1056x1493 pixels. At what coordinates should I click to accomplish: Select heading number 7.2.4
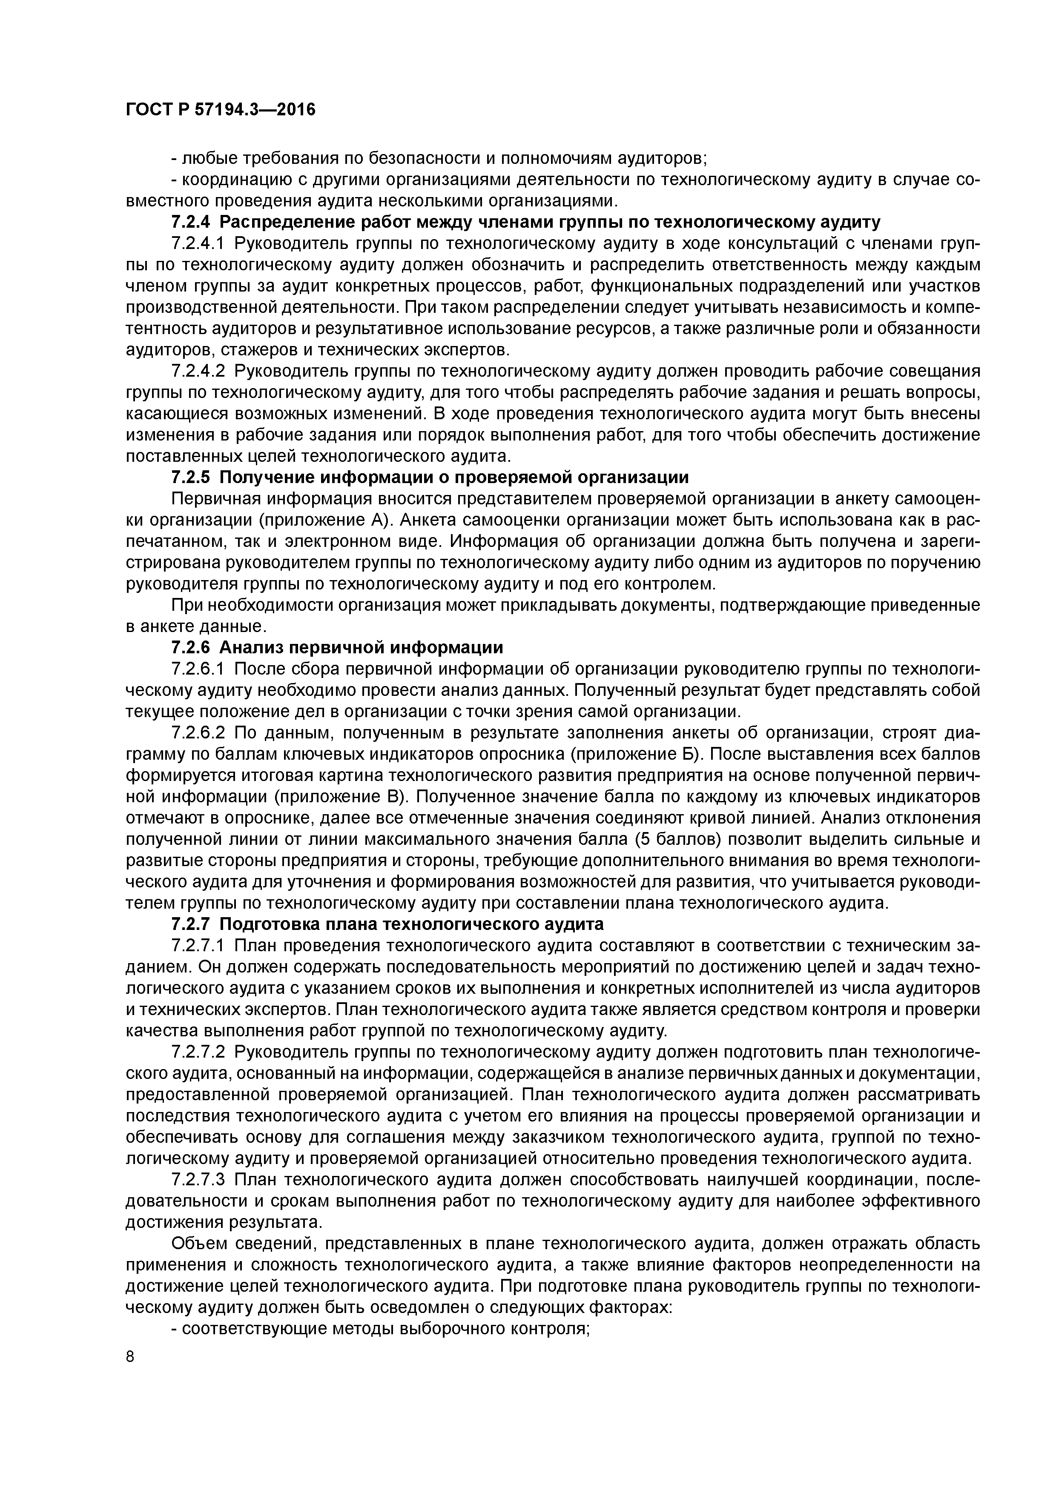click(x=191, y=223)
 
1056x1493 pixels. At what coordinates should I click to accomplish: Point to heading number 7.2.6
click(x=191, y=648)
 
